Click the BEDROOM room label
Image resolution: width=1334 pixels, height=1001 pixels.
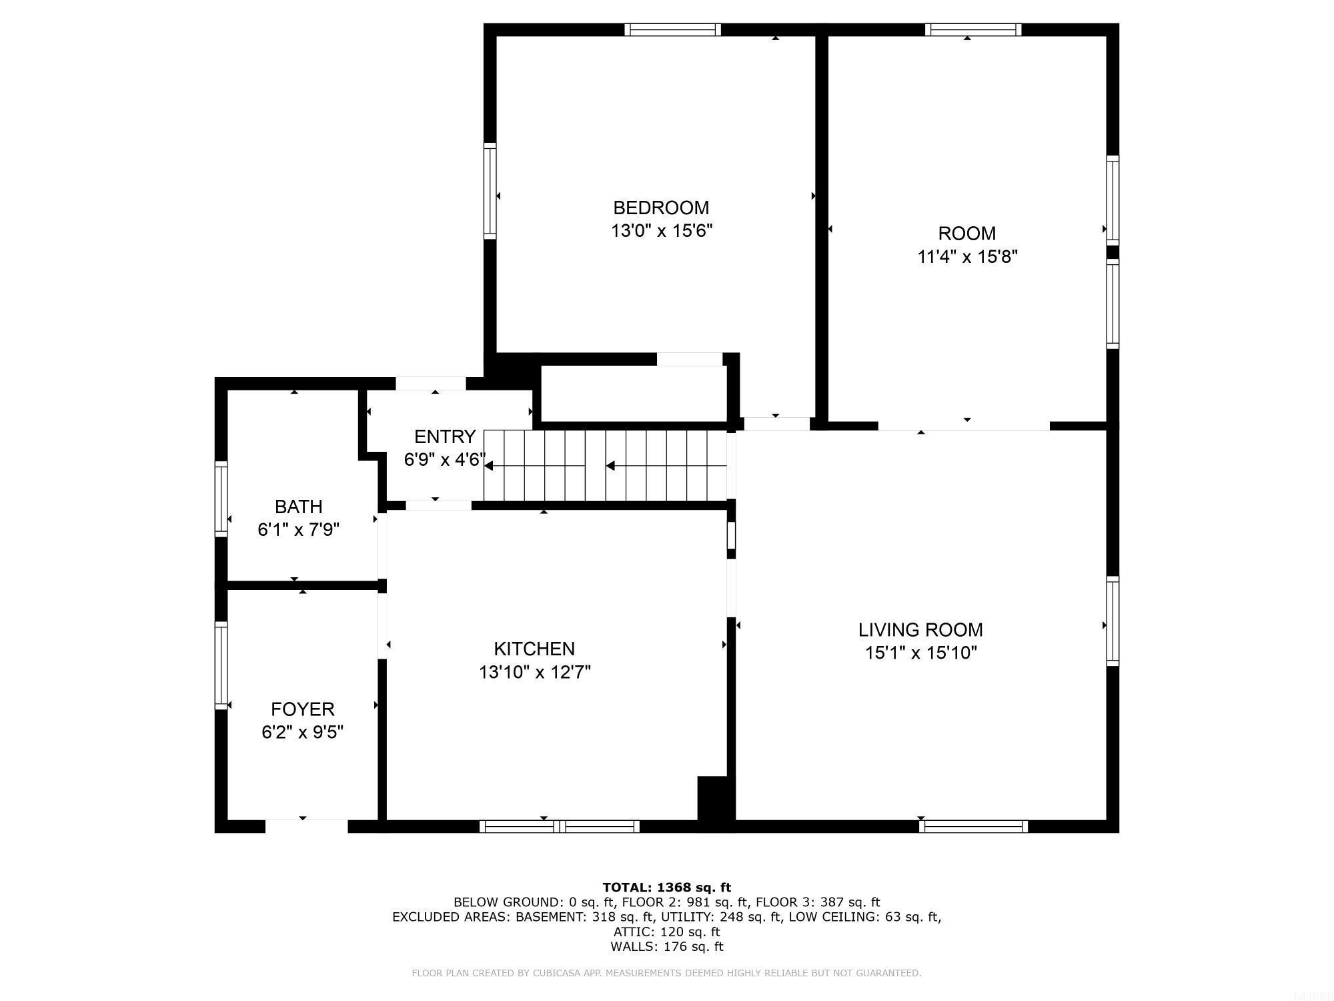(x=661, y=208)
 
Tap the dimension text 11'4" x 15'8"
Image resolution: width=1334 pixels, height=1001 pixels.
(x=967, y=257)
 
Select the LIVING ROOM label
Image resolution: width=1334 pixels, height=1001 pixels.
(x=920, y=630)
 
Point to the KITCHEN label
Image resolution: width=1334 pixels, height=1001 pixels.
(x=534, y=649)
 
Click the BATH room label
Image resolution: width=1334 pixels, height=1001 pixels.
(x=298, y=507)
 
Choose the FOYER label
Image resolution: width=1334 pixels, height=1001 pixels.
(x=302, y=709)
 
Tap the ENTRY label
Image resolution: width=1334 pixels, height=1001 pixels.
(x=444, y=437)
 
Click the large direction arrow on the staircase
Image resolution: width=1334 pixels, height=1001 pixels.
(x=610, y=466)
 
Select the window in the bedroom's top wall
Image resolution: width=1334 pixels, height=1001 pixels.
(x=672, y=29)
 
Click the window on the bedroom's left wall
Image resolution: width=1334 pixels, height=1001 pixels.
(x=490, y=190)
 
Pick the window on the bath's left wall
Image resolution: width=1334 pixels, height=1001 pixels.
(x=221, y=498)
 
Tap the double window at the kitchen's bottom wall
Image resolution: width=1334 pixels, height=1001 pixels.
(x=559, y=826)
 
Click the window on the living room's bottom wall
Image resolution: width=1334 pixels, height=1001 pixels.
(x=973, y=826)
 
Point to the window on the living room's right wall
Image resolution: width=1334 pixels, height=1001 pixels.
(x=1113, y=621)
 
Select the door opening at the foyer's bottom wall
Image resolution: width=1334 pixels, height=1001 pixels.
(x=306, y=826)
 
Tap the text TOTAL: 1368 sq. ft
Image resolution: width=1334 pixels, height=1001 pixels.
(x=666, y=888)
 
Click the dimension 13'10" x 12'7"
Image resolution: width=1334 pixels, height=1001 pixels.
(x=534, y=672)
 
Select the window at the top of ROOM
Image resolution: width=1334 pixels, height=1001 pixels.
(x=973, y=29)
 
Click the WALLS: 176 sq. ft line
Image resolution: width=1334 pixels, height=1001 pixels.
(x=666, y=946)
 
